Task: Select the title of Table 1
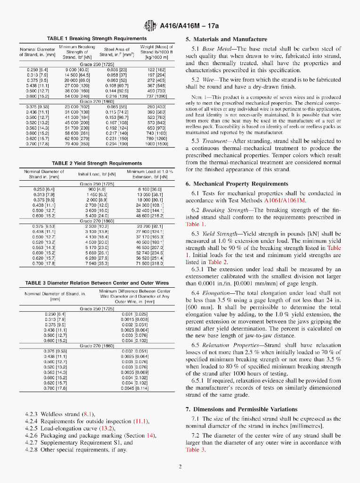tap(97, 38)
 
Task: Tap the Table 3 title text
tap(97, 283)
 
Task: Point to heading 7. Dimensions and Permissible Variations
tap(241, 409)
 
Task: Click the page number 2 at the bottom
tap(180, 467)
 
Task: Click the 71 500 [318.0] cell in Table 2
tap(150, 263)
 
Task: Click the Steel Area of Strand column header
tap(117, 51)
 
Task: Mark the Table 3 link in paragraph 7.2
tap(196, 450)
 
